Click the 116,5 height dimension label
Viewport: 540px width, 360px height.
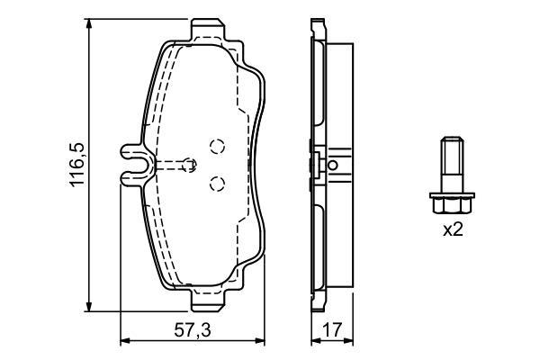point(76,165)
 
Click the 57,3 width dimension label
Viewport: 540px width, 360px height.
point(193,330)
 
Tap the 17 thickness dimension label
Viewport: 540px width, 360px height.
point(332,330)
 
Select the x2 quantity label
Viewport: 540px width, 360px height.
point(453,229)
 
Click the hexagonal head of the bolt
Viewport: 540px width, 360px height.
point(452,205)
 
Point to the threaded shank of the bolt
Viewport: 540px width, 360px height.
point(452,165)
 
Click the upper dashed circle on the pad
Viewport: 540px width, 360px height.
point(217,147)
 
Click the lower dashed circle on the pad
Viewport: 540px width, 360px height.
point(217,184)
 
